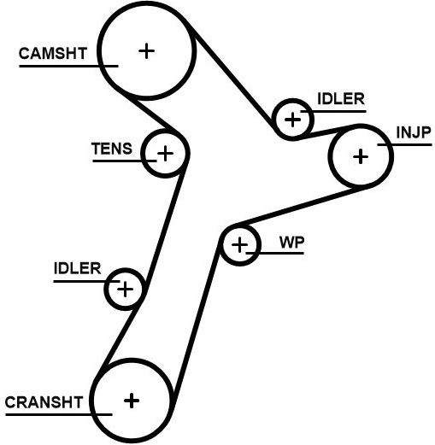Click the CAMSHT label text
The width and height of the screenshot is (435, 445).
pyautogui.click(x=53, y=54)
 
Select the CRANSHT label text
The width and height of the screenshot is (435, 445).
pyautogui.click(x=44, y=402)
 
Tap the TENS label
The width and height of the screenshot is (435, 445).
pyautogui.click(x=112, y=149)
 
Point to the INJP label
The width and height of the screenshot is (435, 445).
pyautogui.click(x=414, y=132)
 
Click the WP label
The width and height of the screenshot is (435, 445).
pyautogui.click(x=291, y=243)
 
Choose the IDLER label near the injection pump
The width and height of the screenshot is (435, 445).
pyautogui.click(x=341, y=99)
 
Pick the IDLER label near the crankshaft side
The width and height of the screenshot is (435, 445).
pyautogui.click(x=77, y=268)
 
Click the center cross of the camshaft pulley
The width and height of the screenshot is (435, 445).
pyautogui.click(x=146, y=51)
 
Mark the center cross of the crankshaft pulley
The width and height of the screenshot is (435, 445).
pyautogui.click(x=132, y=401)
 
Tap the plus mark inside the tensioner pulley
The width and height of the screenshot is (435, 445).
pyautogui.click(x=165, y=154)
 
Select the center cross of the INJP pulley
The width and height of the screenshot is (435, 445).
pyautogui.click(x=361, y=156)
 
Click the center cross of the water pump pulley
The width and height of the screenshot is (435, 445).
pyautogui.click(x=239, y=245)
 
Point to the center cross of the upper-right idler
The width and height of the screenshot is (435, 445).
pyautogui.click(x=292, y=120)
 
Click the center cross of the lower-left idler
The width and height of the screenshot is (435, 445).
pyautogui.click(x=125, y=290)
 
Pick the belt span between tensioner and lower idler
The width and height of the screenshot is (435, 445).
pyautogui.click(x=164, y=225)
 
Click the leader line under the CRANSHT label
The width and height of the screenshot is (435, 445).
pyautogui.click(x=59, y=414)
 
